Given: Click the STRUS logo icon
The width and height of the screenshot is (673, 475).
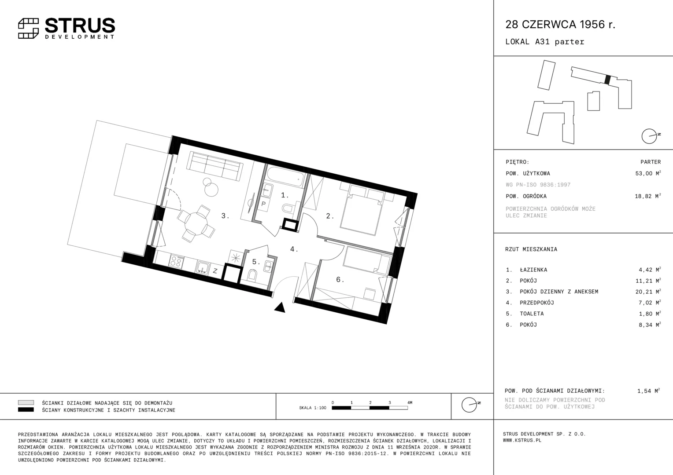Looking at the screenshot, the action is (29, 29).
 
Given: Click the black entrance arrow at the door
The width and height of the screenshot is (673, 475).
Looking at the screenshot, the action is (280, 307).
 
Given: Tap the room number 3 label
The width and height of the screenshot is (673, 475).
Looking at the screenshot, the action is (225, 216).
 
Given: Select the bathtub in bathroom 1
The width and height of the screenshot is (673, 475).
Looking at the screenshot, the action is (285, 177).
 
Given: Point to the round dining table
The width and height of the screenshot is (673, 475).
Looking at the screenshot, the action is (196, 223).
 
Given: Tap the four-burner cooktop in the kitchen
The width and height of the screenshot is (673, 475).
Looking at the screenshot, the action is (176, 261).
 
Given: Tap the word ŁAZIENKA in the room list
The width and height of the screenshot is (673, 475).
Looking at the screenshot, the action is (533, 270).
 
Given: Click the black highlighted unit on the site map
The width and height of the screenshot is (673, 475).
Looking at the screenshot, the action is (607, 80).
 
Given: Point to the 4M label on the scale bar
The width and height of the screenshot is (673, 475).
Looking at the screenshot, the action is (410, 402).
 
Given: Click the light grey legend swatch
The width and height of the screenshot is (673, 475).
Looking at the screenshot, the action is (26, 402).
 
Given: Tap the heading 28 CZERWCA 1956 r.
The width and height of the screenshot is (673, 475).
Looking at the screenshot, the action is (560, 24).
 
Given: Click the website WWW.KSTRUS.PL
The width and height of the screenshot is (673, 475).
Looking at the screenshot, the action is (522, 441).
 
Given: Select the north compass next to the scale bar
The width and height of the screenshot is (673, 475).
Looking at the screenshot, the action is (470, 405).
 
